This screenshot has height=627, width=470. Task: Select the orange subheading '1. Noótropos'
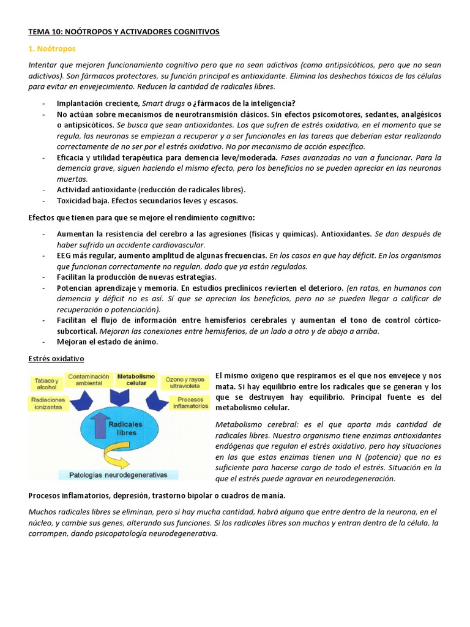click(52, 48)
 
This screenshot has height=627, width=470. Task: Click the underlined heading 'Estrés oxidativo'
click(56, 358)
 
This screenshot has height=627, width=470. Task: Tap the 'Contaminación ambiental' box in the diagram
click(89, 380)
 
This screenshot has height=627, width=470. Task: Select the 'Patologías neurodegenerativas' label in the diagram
click(118, 475)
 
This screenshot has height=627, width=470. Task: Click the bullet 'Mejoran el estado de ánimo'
click(107, 342)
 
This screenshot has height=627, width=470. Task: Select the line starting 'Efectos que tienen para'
click(141, 217)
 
